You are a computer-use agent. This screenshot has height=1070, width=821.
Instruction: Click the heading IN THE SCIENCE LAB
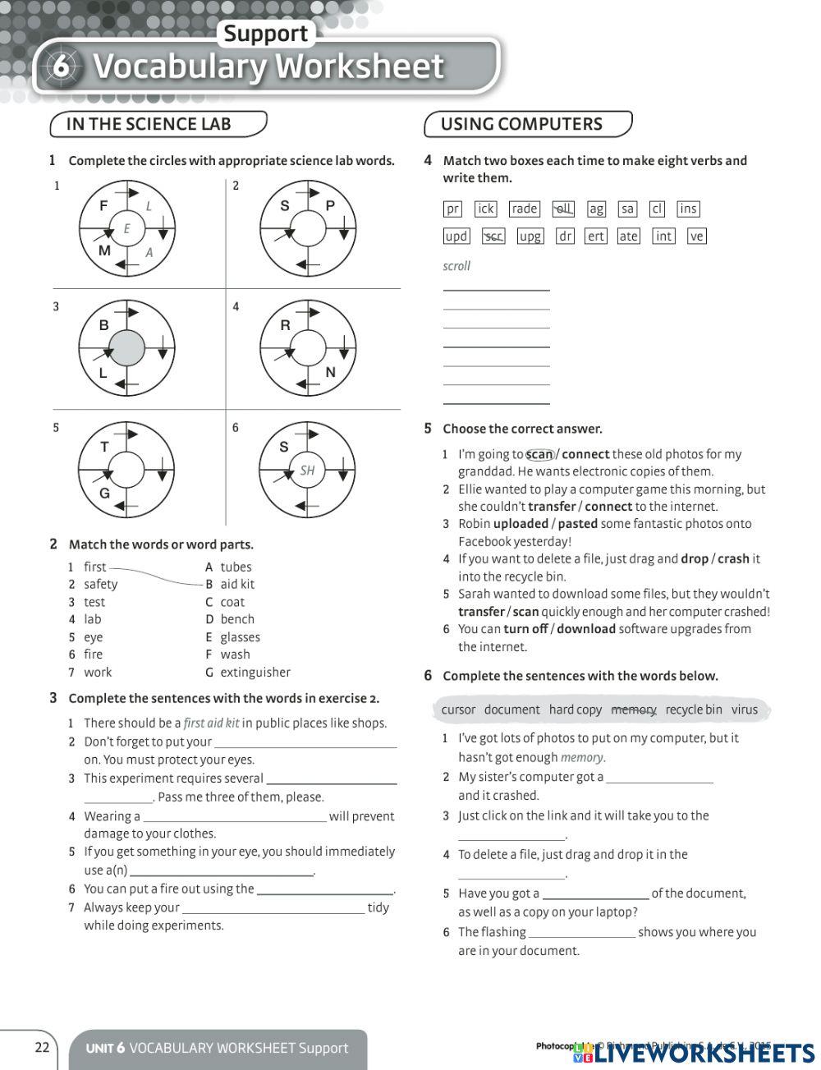pyautogui.click(x=149, y=124)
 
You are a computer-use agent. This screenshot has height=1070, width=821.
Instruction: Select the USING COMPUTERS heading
pyautogui.click(x=521, y=124)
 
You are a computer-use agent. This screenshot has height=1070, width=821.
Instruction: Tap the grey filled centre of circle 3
pyautogui.click(x=127, y=349)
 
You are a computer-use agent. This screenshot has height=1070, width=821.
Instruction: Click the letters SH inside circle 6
pyautogui.click(x=308, y=471)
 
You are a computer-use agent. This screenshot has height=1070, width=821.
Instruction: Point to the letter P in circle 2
pyautogui.click(x=330, y=205)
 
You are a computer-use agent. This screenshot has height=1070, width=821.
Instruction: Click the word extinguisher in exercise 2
pyautogui.click(x=255, y=672)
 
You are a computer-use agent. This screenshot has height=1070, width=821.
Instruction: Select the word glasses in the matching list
pyautogui.click(x=240, y=637)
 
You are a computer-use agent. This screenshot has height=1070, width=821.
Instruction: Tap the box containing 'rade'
pyautogui.click(x=524, y=209)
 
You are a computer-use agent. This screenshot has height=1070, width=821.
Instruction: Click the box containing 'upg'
pyautogui.click(x=530, y=237)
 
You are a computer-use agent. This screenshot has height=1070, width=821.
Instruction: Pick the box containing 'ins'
pyautogui.click(x=688, y=209)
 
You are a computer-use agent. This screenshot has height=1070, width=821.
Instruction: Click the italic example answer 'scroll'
pyautogui.click(x=456, y=266)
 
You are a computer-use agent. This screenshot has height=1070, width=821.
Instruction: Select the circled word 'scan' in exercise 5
pyautogui.click(x=539, y=454)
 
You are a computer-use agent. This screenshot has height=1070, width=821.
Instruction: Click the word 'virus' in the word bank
pyautogui.click(x=745, y=710)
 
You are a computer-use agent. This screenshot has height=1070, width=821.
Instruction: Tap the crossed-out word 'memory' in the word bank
pyautogui.click(x=634, y=710)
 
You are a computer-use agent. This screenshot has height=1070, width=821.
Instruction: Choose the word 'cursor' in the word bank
pyautogui.click(x=458, y=710)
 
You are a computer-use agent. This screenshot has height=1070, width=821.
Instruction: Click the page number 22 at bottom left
pyautogui.click(x=42, y=1047)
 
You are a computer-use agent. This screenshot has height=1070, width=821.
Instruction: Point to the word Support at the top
pyautogui.click(x=265, y=34)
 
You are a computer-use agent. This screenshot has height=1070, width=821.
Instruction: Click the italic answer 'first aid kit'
pyautogui.click(x=211, y=723)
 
